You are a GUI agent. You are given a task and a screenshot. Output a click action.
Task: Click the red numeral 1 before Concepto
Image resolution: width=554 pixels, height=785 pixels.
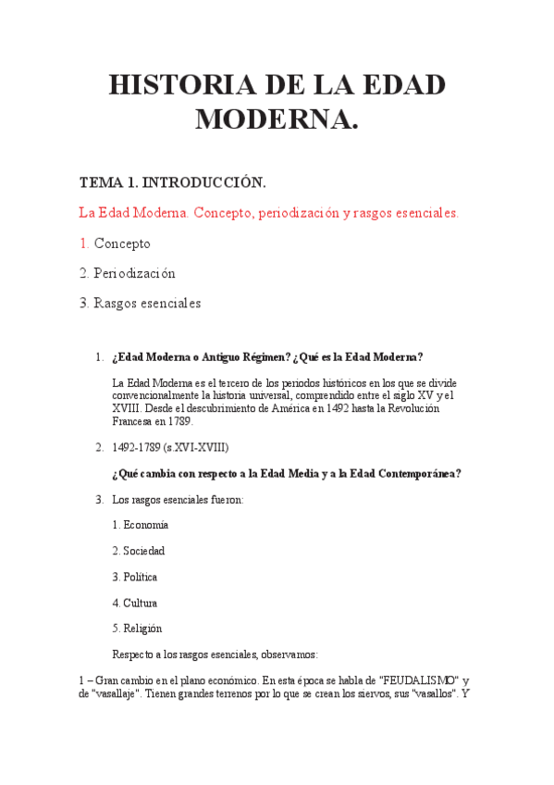[84, 243]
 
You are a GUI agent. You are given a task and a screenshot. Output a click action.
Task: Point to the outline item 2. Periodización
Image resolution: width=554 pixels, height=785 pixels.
[127, 273]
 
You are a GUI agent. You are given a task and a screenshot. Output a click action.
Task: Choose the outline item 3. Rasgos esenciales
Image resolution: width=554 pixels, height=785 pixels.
[140, 303]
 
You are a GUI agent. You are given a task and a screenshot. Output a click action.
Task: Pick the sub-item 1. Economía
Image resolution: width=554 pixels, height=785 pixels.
[140, 525]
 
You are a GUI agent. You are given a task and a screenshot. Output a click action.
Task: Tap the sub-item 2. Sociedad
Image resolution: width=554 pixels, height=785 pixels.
[138, 551]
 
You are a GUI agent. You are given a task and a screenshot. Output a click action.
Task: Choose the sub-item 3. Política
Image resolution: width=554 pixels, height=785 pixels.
[134, 577]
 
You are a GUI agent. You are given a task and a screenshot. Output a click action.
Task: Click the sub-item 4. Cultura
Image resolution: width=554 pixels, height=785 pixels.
[134, 603]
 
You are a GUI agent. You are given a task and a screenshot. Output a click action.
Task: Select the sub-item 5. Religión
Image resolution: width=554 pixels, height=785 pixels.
[137, 629]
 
